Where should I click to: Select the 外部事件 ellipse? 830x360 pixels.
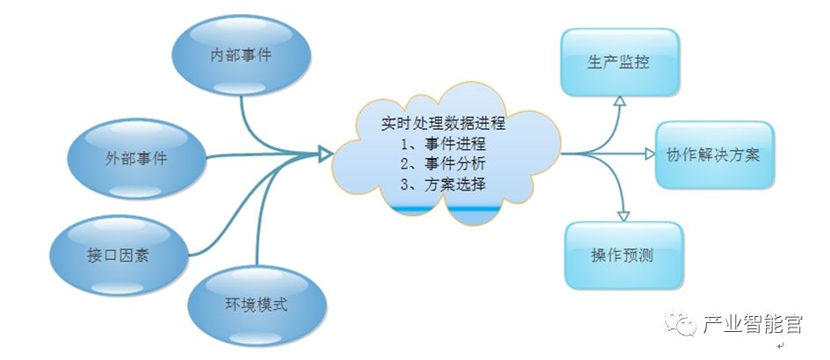(136, 160)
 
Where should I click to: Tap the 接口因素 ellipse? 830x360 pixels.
(118, 255)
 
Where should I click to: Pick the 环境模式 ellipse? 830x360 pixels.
(256, 306)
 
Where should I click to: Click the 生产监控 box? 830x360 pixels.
(620, 63)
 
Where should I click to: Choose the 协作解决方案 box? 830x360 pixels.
(714, 155)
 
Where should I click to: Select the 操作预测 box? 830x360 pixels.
(623, 256)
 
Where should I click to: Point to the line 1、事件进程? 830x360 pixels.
(443, 143)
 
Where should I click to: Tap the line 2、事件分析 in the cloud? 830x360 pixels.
(443, 163)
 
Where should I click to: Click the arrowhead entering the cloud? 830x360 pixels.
(326, 155)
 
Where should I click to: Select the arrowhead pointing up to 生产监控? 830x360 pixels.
(618, 103)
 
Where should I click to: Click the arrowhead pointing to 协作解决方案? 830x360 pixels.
(650, 155)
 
